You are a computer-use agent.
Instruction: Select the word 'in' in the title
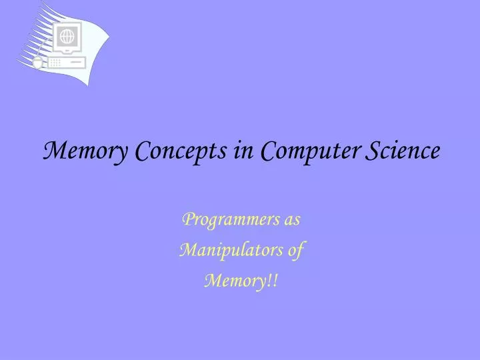(242, 151)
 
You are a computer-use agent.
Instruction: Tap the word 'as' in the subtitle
(292, 219)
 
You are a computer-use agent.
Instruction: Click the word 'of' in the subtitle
(295, 251)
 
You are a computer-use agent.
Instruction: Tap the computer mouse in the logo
(38, 63)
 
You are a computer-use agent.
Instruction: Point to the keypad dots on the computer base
(55, 63)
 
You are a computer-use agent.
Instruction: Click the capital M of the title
(52, 151)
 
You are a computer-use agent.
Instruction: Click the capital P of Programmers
(187, 219)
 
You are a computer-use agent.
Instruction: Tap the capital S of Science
(371, 151)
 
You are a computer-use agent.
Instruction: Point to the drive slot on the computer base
(76, 63)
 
